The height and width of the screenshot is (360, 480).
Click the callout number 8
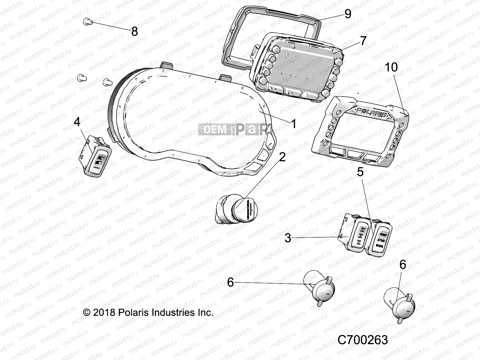click(x=134, y=31)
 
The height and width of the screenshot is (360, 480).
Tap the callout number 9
click(x=348, y=14)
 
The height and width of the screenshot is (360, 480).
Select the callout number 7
click(x=363, y=41)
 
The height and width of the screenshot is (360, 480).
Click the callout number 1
click(x=294, y=124)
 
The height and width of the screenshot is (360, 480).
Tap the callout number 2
click(x=282, y=157)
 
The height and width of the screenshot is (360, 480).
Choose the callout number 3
click(x=288, y=238)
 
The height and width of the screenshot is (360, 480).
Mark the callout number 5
click(x=360, y=172)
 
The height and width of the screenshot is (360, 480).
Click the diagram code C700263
click(x=362, y=340)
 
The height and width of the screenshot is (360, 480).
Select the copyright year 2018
click(x=104, y=313)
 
